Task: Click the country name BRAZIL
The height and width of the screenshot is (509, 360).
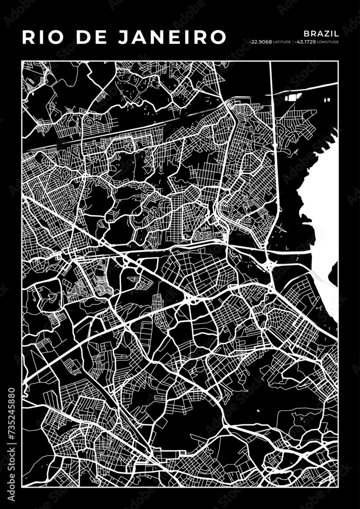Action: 322,32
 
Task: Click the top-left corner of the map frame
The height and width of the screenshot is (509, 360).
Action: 22,61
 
